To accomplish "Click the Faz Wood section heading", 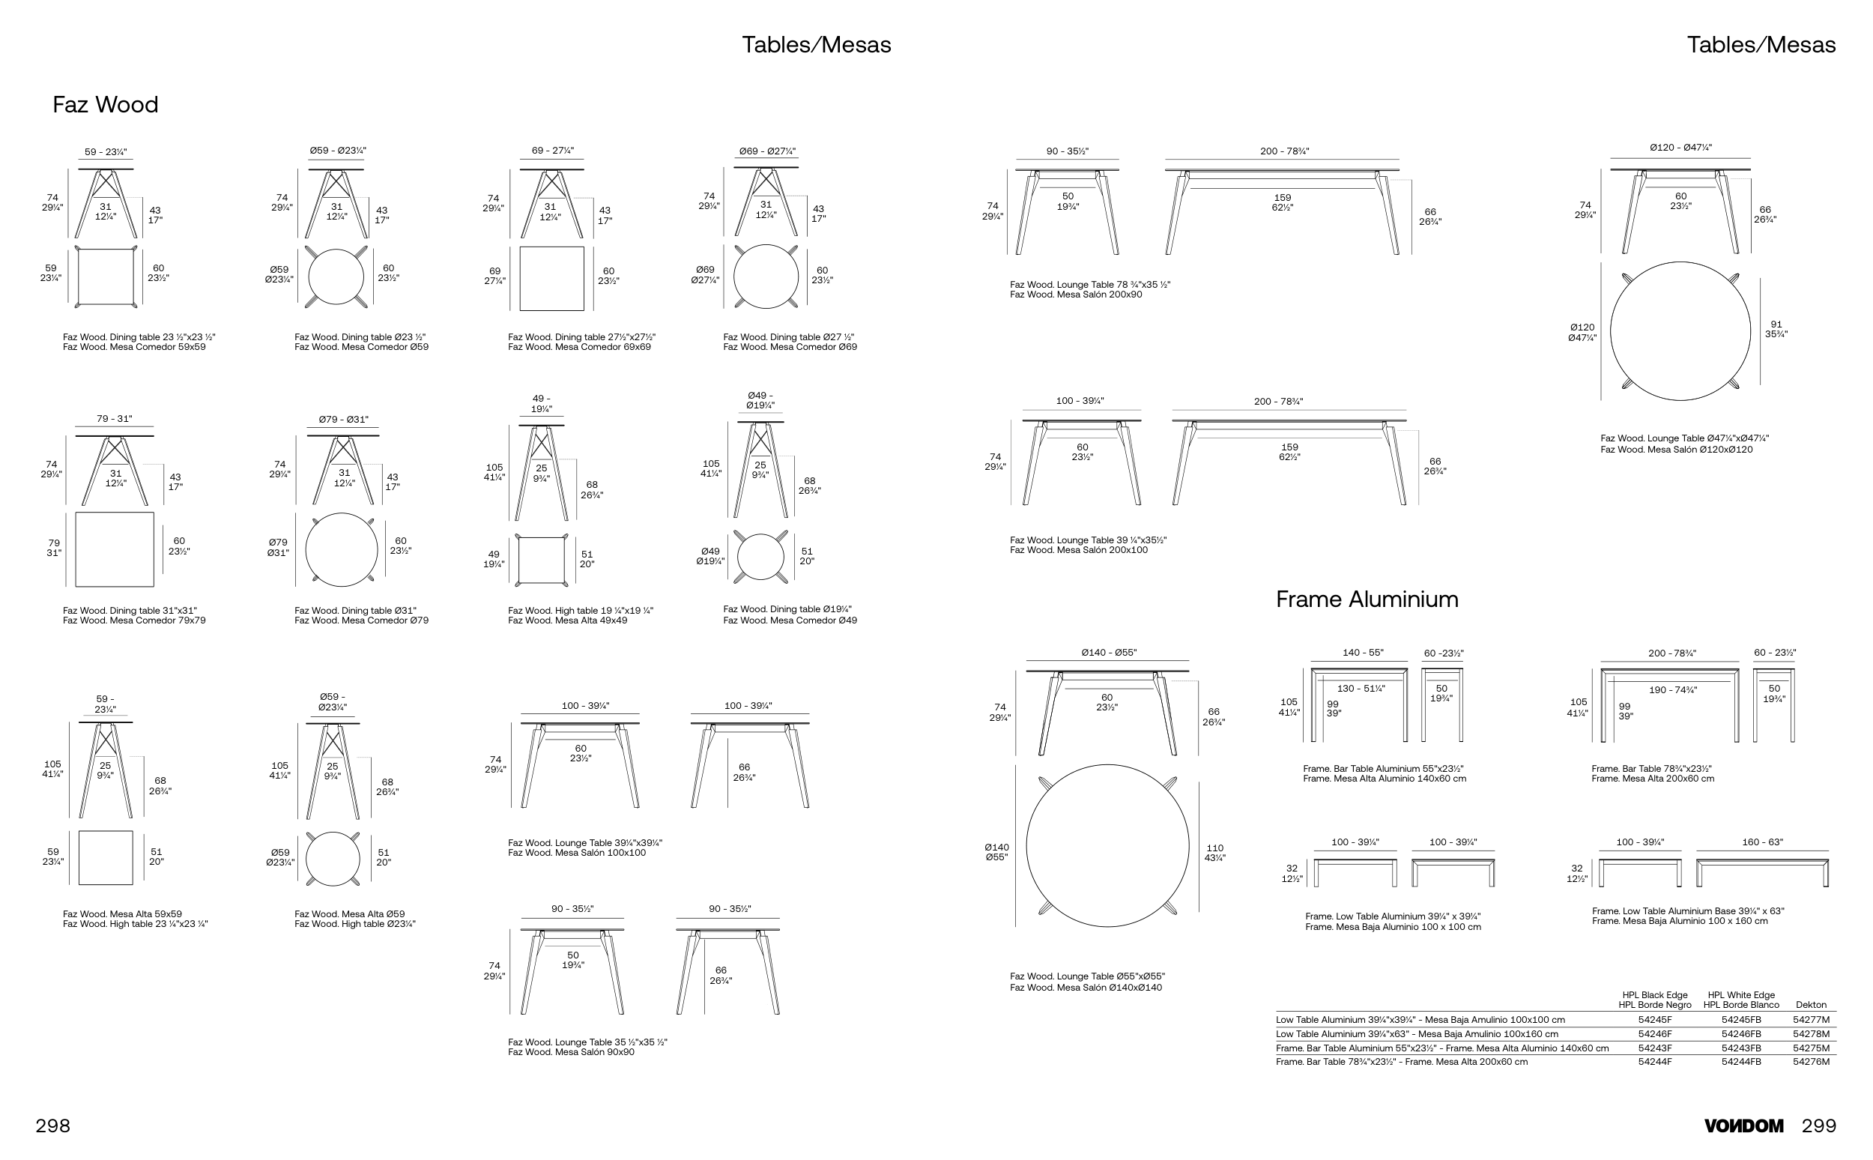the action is (x=105, y=104).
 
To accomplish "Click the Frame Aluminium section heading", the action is (x=1367, y=599).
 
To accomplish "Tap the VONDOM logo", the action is (x=1743, y=1126).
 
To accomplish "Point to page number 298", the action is (x=53, y=1126).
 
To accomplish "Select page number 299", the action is (x=1818, y=1126).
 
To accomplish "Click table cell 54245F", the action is (x=1654, y=1020).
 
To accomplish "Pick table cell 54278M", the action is (x=1811, y=1033).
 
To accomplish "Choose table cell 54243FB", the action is (x=1741, y=1048).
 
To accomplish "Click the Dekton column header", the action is (x=1811, y=1005).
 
